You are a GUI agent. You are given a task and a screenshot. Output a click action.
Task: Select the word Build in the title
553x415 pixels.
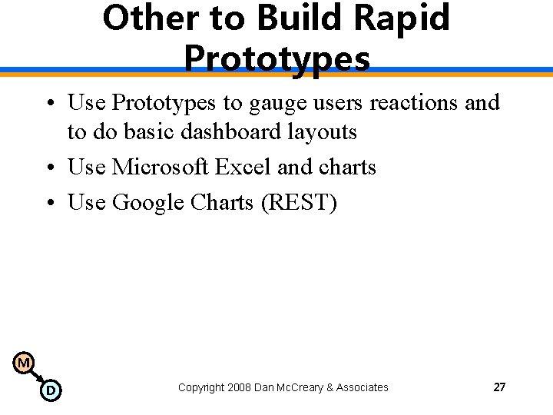coord(302,18)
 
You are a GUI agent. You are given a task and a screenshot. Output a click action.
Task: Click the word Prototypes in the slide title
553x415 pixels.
coord(277,57)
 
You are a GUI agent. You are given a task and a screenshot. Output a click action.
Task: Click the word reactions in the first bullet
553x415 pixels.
coord(416,102)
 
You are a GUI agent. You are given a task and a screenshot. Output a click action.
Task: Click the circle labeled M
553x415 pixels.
coord(24,362)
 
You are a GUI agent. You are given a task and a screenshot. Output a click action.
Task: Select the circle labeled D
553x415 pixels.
coord(51,390)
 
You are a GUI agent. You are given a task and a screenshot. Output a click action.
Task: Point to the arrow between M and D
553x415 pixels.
coord(37,377)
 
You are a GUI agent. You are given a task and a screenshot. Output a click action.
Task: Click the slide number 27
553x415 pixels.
coord(499,387)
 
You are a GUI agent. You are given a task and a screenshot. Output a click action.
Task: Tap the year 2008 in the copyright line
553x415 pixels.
coord(239,387)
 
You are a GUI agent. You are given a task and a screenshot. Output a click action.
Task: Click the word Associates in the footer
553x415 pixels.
coord(363,387)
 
